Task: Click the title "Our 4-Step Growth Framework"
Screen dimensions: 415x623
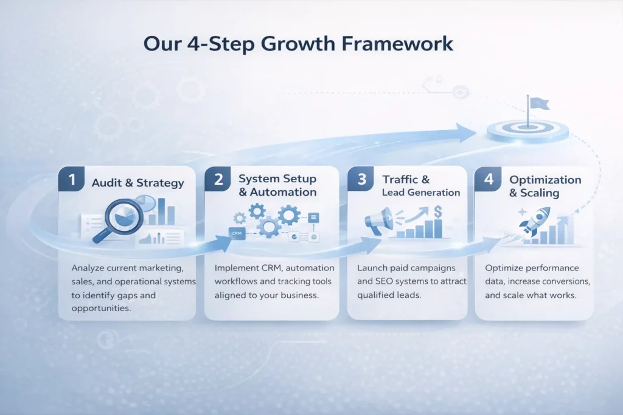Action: pyautogui.click(x=298, y=44)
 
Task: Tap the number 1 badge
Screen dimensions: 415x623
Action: pyautogui.click(x=71, y=180)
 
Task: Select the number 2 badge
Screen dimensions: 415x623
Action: pyautogui.click(x=217, y=180)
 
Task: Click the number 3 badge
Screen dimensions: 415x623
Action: pyautogui.click(x=361, y=180)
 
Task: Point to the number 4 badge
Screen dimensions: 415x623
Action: pyautogui.click(x=488, y=180)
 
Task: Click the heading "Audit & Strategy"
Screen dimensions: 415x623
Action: pyautogui.click(x=137, y=183)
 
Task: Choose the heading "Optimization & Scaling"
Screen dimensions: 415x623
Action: pyautogui.click(x=545, y=186)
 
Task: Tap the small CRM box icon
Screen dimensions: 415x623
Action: pyautogui.click(x=236, y=233)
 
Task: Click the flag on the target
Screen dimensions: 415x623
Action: pyautogui.click(x=537, y=104)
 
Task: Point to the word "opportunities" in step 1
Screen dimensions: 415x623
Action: pyautogui.click(x=100, y=309)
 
